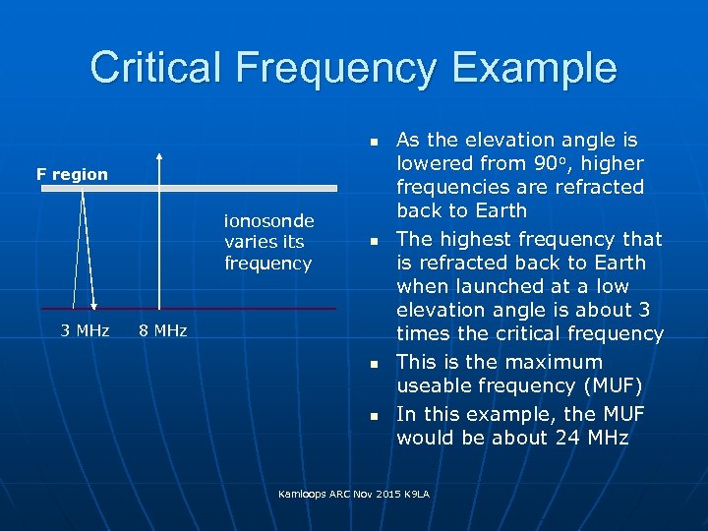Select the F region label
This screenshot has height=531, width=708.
click(x=73, y=174)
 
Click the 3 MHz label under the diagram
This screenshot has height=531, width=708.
click(x=85, y=330)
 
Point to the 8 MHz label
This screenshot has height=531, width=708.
click(x=162, y=330)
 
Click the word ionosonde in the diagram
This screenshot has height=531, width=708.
click(x=268, y=220)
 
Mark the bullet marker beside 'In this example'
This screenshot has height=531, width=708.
click(x=374, y=417)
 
